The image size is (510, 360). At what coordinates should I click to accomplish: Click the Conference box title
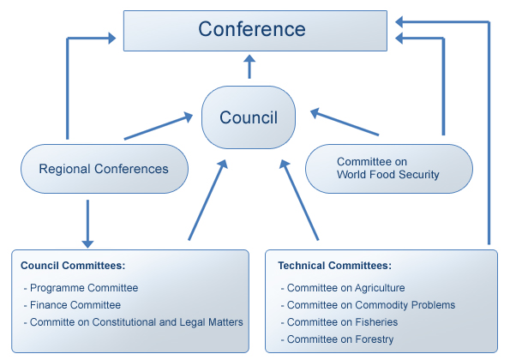(x=252, y=29)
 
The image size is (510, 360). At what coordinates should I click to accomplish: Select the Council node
(x=249, y=117)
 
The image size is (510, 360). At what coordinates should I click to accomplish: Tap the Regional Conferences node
(x=105, y=169)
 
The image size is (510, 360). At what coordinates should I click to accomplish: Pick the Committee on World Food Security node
(x=389, y=169)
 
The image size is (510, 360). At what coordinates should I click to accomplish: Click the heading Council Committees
(x=73, y=266)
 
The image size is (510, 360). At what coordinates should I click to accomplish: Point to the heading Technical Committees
(x=334, y=266)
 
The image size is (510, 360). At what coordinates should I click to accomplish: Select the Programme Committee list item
(x=84, y=288)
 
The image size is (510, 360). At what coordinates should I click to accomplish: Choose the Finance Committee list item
(x=75, y=305)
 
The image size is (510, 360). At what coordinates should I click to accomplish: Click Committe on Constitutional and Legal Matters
(x=136, y=322)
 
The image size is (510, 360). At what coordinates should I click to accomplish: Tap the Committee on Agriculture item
(x=345, y=288)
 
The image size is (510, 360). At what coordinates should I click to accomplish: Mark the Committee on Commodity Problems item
(x=371, y=305)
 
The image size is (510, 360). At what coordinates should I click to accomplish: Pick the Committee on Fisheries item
(x=342, y=322)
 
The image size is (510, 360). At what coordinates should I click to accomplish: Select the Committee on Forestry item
(x=340, y=339)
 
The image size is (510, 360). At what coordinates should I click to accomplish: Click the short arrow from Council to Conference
(x=249, y=67)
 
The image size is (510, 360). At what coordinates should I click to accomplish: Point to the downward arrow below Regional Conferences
(x=87, y=224)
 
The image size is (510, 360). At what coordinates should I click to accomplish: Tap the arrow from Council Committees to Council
(x=207, y=200)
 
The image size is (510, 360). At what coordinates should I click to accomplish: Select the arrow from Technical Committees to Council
(x=299, y=200)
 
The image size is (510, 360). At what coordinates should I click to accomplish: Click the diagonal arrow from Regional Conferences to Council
(x=159, y=126)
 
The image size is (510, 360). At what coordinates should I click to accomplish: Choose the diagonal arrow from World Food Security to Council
(x=345, y=122)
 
